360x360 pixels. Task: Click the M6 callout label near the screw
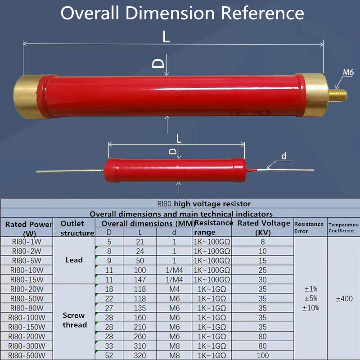(x=348, y=72)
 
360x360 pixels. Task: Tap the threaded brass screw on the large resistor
(x=337, y=95)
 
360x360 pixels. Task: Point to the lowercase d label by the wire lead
(x=284, y=156)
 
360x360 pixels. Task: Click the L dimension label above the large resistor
(x=166, y=37)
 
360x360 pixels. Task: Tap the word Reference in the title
(x=262, y=13)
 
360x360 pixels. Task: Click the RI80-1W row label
(x=27, y=242)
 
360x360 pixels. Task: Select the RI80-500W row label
(x=27, y=355)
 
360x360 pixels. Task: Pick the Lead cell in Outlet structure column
(x=74, y=260)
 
